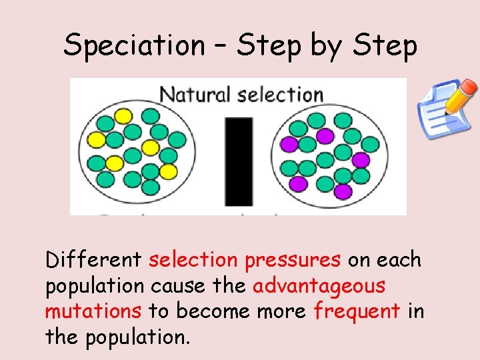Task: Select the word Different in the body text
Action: (93, 259)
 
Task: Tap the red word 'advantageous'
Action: (319, 285)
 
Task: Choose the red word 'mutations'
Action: (93, 311)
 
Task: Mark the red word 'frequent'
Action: (357, 311)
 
